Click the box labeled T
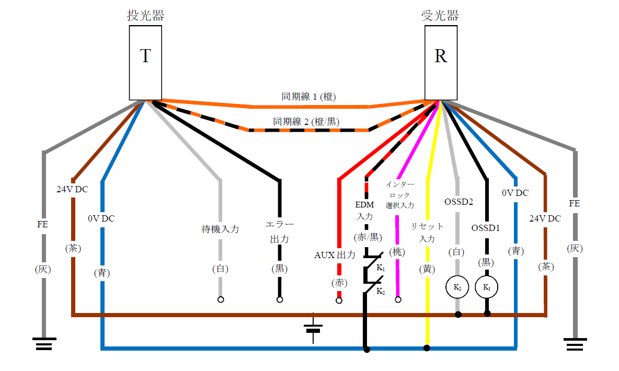145,63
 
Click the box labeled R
440,63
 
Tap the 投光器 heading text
145,16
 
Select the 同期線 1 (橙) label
308,97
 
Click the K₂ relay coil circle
457,287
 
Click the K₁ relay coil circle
486,287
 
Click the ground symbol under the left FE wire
44,344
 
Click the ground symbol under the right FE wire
575,344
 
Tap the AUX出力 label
335,255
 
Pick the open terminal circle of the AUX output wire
339,300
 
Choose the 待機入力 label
220,229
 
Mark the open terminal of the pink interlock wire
398,300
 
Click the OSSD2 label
458,201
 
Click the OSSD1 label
486,228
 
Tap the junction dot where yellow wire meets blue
427,348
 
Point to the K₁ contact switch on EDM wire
373,260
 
